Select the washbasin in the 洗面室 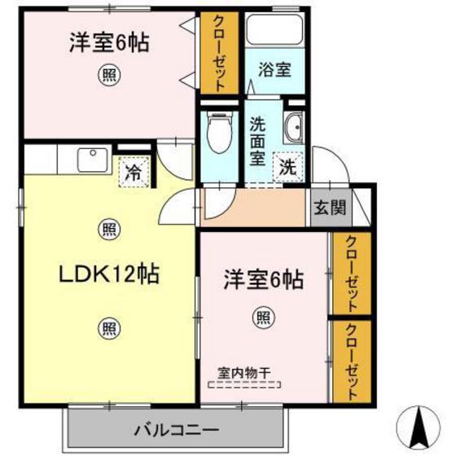coord(294,127)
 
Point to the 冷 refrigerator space coord(133,172)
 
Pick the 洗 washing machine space coord(287,169)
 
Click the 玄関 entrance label coord(328,207)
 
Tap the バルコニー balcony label coord(177,428)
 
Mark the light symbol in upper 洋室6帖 coord(107,77)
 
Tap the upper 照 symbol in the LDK coord(107,229)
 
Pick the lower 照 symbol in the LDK coord(107,328)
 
